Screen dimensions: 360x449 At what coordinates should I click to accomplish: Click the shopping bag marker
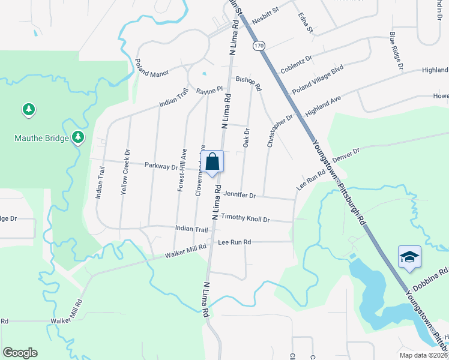tap(212, 162)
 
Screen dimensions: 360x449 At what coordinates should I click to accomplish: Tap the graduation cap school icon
tap(409, 257)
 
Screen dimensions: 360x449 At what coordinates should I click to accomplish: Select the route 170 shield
tap(258, 46)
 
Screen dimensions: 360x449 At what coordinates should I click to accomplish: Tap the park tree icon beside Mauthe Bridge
tap(77, 138)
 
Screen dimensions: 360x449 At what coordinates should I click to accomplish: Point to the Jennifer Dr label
tap(240, 195)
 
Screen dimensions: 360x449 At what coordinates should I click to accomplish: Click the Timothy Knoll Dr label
tap(245, 218)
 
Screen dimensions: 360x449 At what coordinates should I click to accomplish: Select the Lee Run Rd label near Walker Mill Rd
tap(234, 242)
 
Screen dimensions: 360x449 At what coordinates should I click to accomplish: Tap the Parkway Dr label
tap(161, 166)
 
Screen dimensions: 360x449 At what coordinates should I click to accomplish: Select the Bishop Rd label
tap(249, 83)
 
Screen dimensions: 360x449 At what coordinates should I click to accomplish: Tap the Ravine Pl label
tap(209, 92)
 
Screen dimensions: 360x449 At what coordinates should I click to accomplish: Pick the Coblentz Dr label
tap(297, 64)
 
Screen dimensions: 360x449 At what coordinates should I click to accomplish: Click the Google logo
tap(20, 353)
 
